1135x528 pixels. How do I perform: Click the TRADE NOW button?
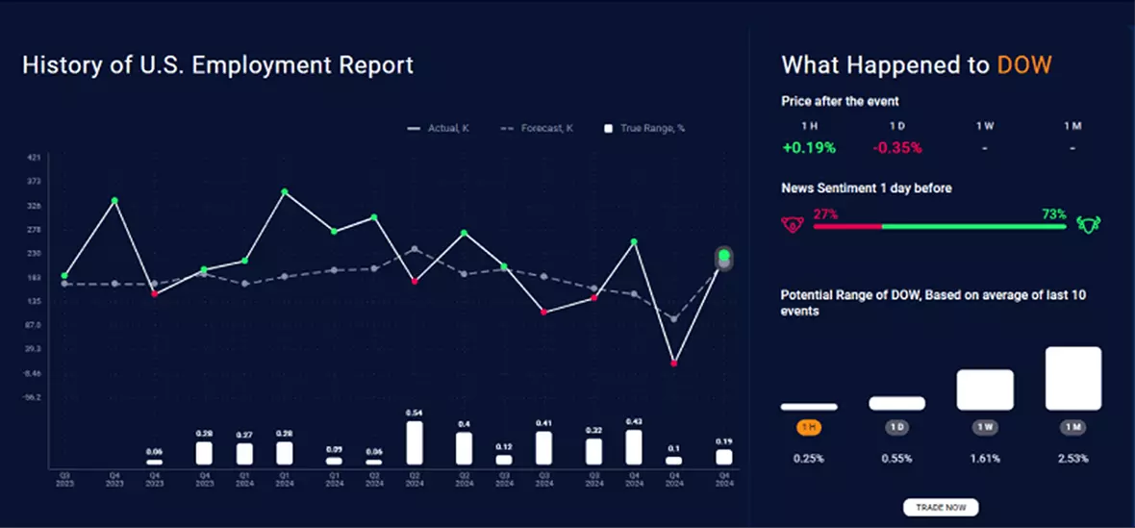[941, 507]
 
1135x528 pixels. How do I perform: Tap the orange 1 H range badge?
[808, 426]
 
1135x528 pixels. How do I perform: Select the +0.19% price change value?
[808, 148]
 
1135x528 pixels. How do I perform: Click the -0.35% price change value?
[896, 148]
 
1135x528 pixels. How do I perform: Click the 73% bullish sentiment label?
[1053, 214]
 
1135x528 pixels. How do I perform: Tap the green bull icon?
[1089, 225]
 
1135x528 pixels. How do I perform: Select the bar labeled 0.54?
[415, 442]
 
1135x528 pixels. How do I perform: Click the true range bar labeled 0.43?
[634, 446]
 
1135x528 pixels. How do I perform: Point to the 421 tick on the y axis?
[35, 157]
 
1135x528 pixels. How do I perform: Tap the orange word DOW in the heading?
[1024, 65]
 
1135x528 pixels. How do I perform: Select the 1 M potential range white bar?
[1072, 379]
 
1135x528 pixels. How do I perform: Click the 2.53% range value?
[1072, 458]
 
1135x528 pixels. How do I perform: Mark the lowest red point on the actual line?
[673, 364]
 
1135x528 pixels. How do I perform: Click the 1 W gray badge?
[985, 426]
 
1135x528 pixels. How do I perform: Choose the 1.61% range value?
[985, 458]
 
